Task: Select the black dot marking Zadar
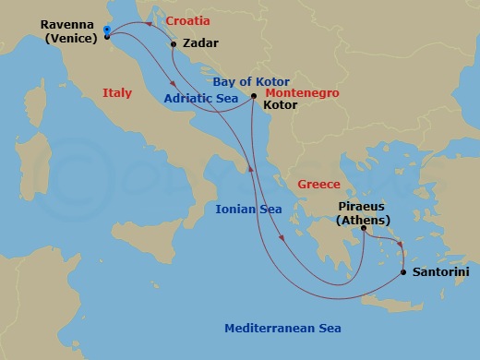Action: pyautogui.click(x=174, y=42)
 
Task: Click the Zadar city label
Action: pyautogui.click(x=201, y=42)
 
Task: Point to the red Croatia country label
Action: pyautogui.click(x=187, y=20)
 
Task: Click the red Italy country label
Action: pyautogui.click(x=117, y=92)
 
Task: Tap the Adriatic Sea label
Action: pyautogui.click(x=200, y=97)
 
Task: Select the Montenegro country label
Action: pyautogui.click(x=302, y=93)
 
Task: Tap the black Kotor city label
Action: pyautogui.click(x=281, y=106)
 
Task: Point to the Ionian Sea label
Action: pyautogui.click(x=248, y=210)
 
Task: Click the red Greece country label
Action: pyautogui.click(x=319, y=185)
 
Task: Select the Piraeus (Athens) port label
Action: pyautogui.click(x=368, y=213)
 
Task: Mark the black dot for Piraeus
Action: pyautogui.click(x=364, y=228)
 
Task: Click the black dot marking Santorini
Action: pyautogui.click(x=403, y=272)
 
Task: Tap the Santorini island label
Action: pyautogui.click(x=441, y=272)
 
